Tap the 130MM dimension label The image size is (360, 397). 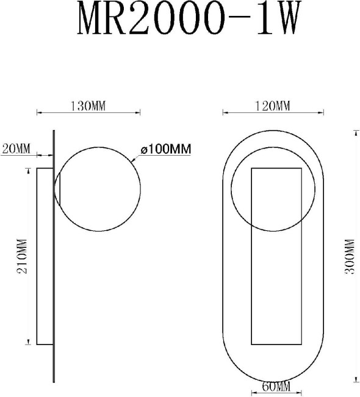[89, 106]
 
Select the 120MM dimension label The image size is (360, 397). [272, 106]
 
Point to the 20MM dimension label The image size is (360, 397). [16, 148]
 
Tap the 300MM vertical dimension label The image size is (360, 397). [349, 257]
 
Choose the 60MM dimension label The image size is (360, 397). [276, 387]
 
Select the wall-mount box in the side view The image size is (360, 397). [45, 256]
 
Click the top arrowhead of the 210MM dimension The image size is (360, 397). [27, 170]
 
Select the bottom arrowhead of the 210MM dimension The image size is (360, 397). [27, 342]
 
